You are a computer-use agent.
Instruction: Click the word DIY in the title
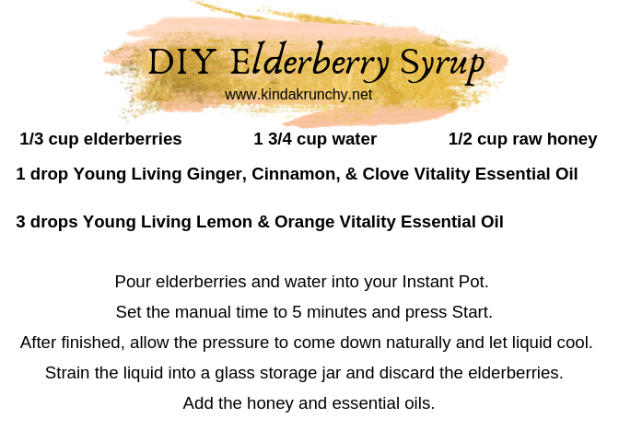pos(182,61)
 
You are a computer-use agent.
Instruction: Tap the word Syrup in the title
pos(442,64)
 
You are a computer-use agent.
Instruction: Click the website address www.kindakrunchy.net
pos(298,95)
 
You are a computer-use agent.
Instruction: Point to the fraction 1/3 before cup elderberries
pos(31,139)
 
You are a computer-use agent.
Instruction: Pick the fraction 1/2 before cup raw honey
pos(461,139)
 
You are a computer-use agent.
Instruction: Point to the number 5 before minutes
pos(297,312)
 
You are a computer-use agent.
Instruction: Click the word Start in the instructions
pos(473,312)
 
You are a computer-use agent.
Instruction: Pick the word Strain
pos(67,373)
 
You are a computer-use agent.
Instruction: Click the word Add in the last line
pos(198,403)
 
